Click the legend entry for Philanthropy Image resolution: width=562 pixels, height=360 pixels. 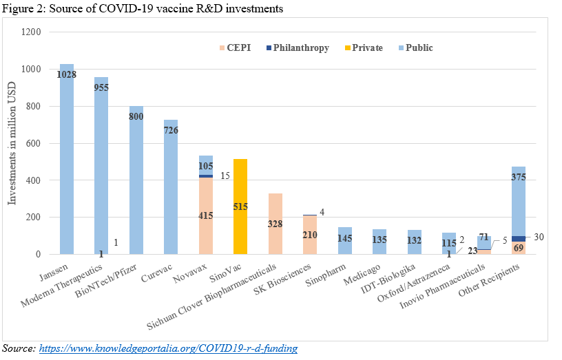coord(300,48)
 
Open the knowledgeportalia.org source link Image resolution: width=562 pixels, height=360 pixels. coord(168,349)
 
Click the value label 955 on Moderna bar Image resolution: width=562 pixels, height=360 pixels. coord(101,87)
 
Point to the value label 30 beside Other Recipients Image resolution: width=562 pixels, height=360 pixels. coord(539,237)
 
